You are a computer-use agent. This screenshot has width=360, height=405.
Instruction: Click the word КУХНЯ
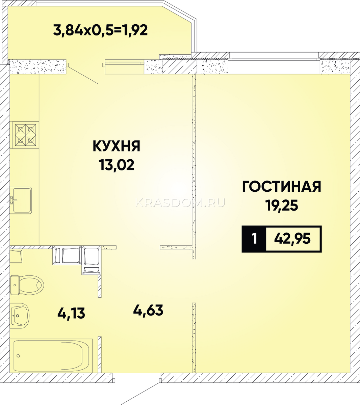click(x=117, y=146)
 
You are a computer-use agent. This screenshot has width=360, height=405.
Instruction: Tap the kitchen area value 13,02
click(x=117, y=165)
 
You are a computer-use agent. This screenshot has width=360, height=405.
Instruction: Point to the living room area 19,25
click(x=282, y=206)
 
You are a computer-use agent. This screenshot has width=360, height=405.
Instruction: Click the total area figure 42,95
click(x=292, y=239)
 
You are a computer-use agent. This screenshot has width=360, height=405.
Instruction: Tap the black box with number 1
click(x=254, y=239)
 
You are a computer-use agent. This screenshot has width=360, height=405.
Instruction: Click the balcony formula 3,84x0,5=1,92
click(x=100, y=30)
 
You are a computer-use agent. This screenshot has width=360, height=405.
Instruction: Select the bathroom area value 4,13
click(x=71, y=313)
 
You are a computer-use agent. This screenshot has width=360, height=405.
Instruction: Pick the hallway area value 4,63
click(x=148, y=310)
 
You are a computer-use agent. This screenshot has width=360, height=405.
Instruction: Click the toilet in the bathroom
click(x=27, y=285)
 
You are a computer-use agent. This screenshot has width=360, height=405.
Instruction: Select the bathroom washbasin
click(x=20, y=316)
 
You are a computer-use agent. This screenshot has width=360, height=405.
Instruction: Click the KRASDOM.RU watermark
click(x=180, y=203)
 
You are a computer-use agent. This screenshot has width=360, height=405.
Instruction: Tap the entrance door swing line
click(x=140, y=391)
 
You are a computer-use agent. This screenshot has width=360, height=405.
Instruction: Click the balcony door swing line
click(x=83, y=75)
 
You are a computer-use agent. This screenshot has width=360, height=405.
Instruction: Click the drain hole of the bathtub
click(x=18, y=356)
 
